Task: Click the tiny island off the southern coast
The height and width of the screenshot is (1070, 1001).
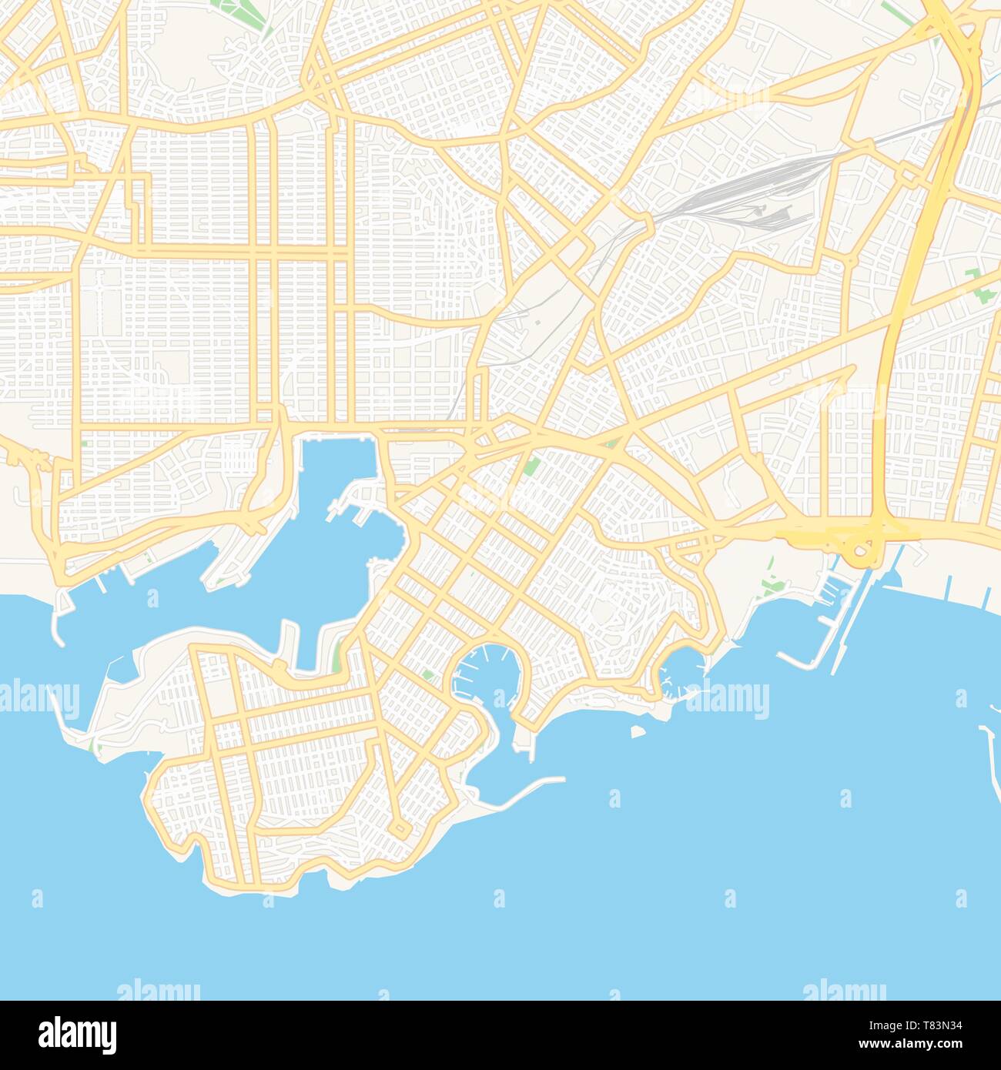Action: tap(638, 731)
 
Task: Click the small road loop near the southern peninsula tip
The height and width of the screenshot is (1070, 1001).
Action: tap(400, 828)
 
